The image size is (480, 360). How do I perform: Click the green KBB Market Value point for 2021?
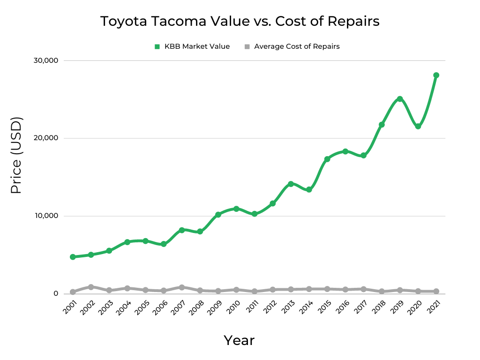(436, 75)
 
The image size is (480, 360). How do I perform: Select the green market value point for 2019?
(400, 99)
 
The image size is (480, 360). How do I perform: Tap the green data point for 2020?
(418, 127)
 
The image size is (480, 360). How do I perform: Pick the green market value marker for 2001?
(73, 257)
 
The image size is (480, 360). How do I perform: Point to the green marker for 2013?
(291, 184)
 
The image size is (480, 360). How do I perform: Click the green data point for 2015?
(327, 159)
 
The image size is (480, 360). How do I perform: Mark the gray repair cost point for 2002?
(91, 287)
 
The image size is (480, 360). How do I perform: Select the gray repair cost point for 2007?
(182, 287)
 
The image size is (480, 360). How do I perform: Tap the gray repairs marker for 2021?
(436, 291)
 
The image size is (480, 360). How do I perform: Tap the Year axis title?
(239, 340)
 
